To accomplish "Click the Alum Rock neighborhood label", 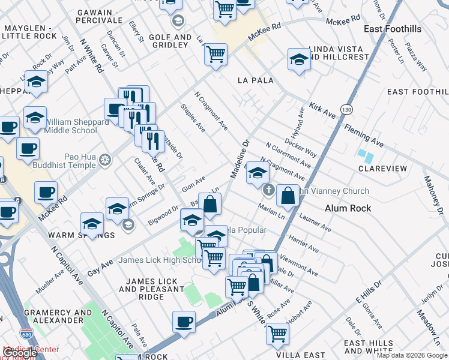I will point(348,208).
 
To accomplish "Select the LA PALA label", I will point(255,80).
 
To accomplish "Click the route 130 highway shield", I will point(345,110).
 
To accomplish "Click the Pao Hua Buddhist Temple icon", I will point(105,160).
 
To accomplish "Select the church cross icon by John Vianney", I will point(268,191).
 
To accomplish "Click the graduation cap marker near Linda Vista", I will point(298,59).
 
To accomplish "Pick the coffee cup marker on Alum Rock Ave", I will point(184,322).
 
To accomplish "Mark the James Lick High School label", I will point(158,260).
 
